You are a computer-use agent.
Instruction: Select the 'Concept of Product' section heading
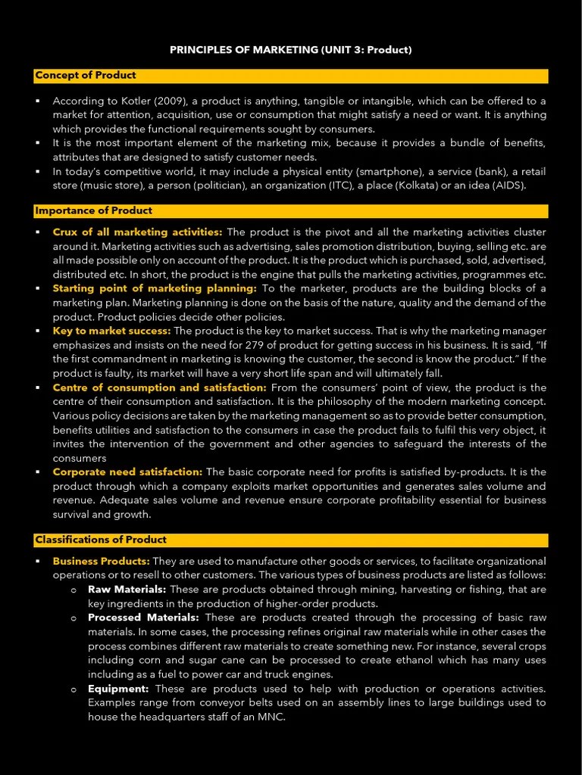coord(86,75)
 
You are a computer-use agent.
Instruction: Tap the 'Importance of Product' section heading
coord(93,210)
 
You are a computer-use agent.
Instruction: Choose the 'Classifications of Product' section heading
coord(101,540)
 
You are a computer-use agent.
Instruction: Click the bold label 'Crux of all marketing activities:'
coord(137,232)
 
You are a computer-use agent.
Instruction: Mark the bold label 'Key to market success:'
coord(111,331)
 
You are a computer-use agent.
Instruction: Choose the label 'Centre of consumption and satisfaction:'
coord(159,387)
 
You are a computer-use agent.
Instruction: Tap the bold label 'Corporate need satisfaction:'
coord(127,472)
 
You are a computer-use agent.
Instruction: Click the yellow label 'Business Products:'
coord(101,561)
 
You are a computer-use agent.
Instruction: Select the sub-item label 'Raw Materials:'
coord(127,589)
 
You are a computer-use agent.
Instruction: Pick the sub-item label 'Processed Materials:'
coord(143,618)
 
